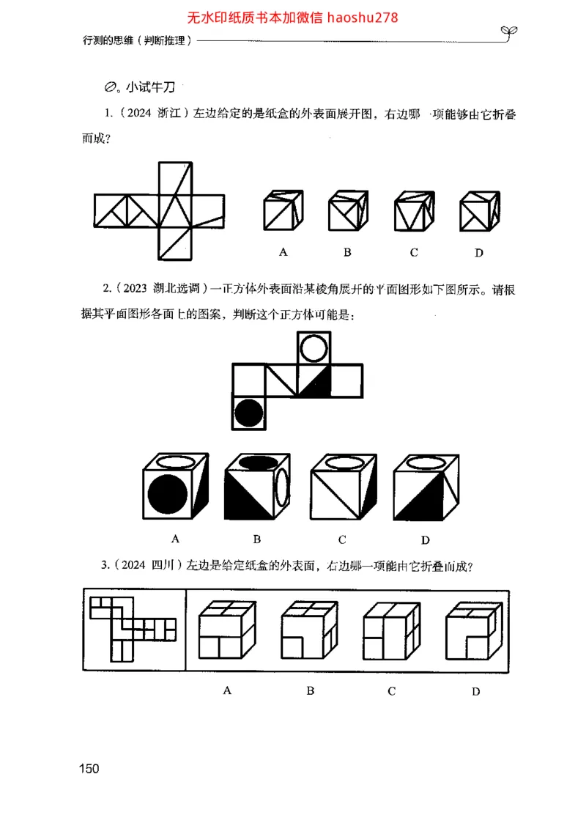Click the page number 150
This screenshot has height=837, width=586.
click(89, 768)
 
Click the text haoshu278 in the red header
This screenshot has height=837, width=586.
click(363, 17)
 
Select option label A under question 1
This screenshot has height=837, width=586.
click(283, 252)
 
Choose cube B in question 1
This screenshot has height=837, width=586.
click(348, 212)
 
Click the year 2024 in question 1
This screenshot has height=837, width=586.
click(140, 115)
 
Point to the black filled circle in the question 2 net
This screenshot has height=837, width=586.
click(249, 413)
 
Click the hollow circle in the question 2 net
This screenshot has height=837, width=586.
click(314, 349)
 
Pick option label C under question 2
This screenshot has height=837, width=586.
click(342, 540)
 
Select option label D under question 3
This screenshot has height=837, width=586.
click(476, 691)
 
